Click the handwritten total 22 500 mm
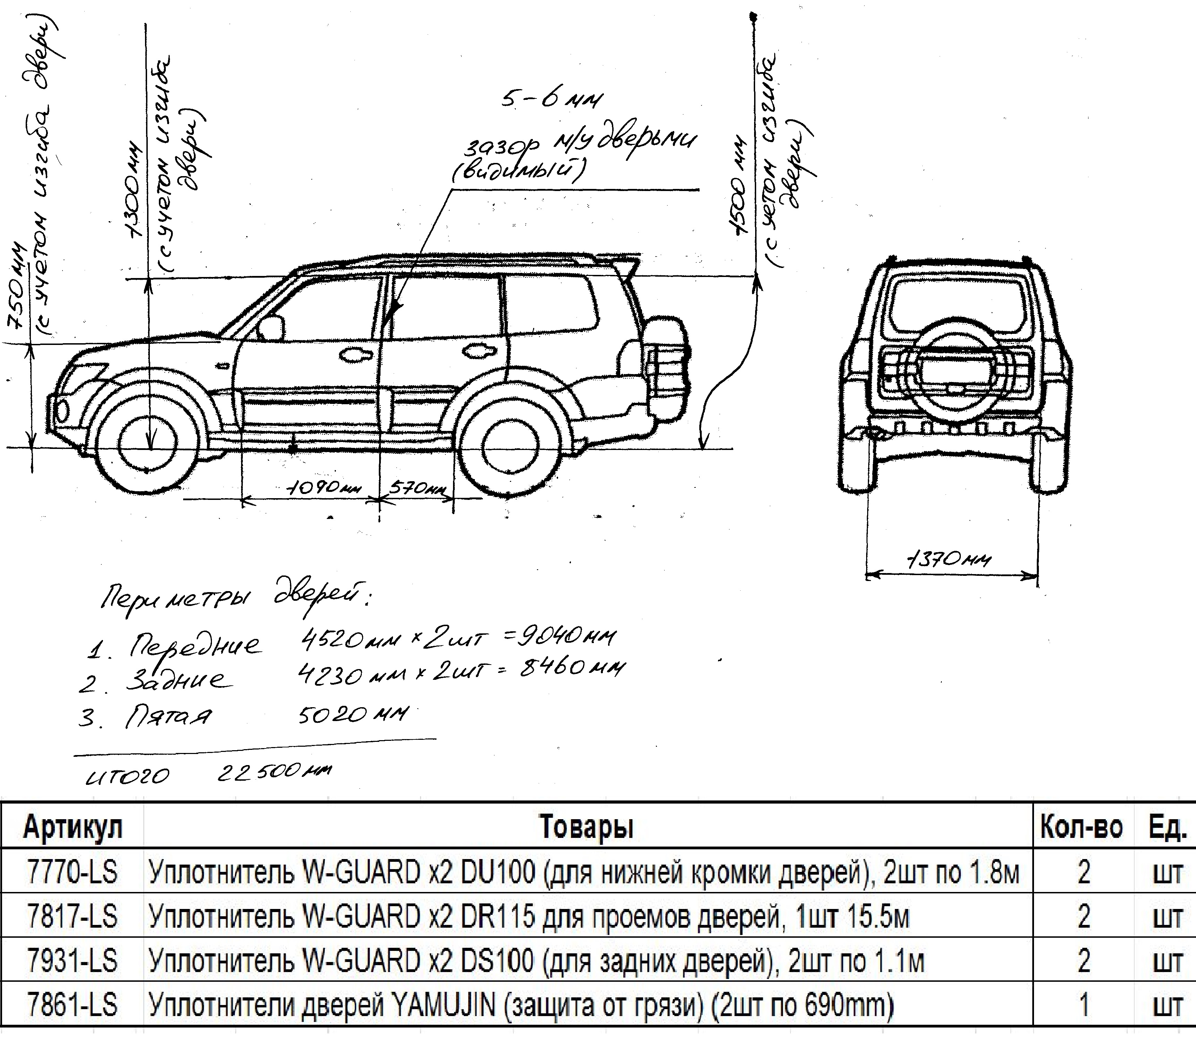pyautogui.click(x=273, y=772)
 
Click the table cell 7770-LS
pyautogui.click(x=72, y=872)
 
